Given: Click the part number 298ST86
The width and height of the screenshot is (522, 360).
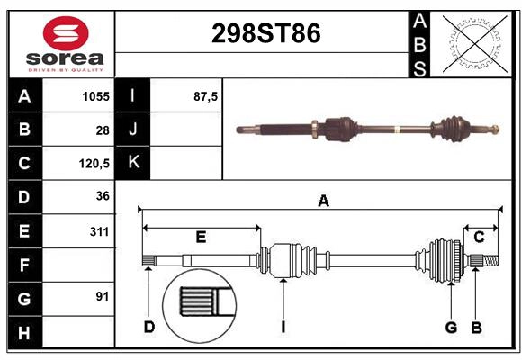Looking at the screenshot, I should pos(265,34).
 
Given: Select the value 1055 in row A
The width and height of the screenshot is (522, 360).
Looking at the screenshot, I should pos(96,96).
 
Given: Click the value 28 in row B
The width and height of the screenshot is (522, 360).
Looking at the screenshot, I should pos(103,130).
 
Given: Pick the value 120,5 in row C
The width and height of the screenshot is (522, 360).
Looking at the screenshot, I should pos(94,164).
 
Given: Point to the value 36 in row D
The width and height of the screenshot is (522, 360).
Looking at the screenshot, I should pos(103,196).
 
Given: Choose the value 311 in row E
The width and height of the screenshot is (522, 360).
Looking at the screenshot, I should pos(99,231).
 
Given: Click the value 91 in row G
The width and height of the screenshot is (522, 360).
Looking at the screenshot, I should pos(103,296).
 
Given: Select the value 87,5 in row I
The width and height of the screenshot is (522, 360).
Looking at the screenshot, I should pos(206,96).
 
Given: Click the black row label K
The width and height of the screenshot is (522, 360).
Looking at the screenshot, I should pos(134,163).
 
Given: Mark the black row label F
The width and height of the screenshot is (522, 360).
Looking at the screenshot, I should pos(24,265).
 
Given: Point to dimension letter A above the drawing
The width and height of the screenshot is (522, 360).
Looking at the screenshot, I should pos(323,202).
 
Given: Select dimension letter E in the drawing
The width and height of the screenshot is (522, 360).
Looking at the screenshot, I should pos(201,238).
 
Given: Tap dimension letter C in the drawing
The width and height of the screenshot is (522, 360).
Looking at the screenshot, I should pos(479,237).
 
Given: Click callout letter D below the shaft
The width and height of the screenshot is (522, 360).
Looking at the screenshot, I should pos(149,327).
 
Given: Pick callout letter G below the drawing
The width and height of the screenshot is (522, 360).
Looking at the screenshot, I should pos(451,327).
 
